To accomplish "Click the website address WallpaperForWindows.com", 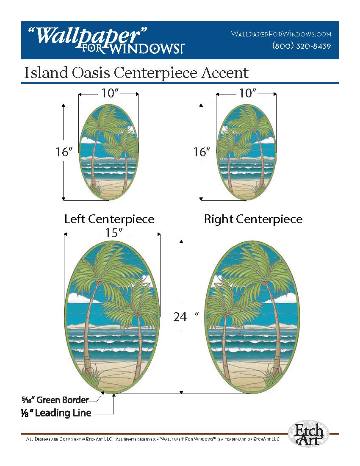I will click(281, 34).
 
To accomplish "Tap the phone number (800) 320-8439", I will click(301, 46).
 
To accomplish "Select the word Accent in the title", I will click(224, 73).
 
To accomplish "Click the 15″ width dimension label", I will click(112, 233).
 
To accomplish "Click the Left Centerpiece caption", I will click(109, 219).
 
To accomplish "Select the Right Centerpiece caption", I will click(253, 219).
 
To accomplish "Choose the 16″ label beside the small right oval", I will click(202, 152).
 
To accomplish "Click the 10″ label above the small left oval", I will click(108, 94).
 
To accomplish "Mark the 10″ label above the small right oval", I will click(246, 94).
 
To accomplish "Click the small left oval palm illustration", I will click(109, 152).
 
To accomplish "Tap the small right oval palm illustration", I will click(246, 152).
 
